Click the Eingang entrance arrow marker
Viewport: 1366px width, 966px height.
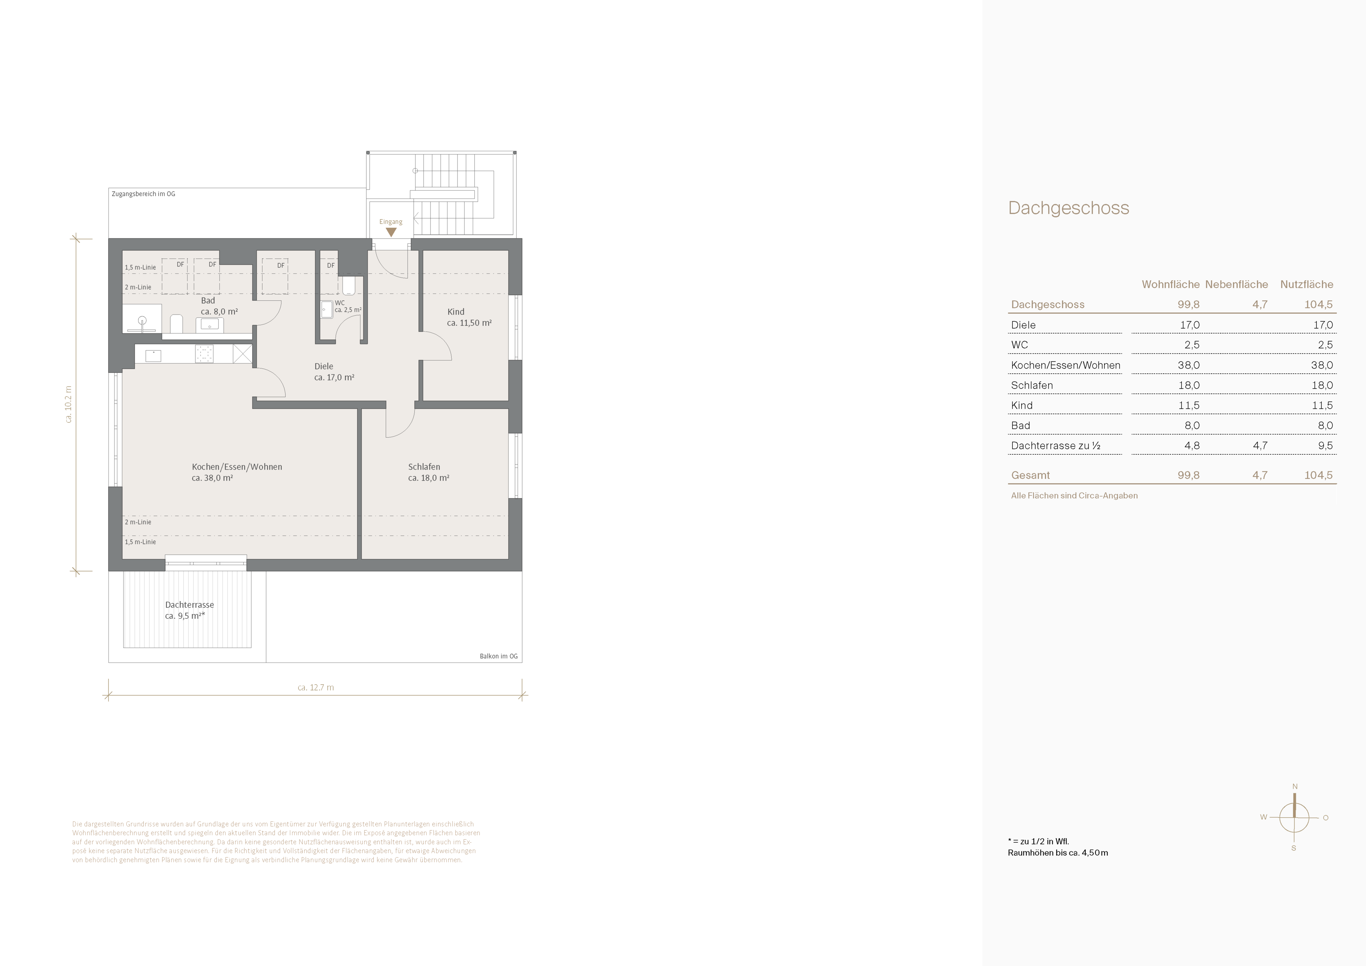[x=391, y=232]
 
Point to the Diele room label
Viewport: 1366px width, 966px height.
[x=324, y=366]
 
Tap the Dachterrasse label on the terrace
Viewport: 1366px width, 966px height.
[x=189, y=605]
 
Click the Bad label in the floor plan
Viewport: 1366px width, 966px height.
[x=208, y=301]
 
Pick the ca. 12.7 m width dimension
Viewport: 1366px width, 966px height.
[x=316, y=687]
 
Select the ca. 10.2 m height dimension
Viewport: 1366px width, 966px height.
[x=68, y=405]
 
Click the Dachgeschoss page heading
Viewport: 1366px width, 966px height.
[x=1069, y=208]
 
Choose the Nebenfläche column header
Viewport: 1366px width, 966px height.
[x=1236, y=285]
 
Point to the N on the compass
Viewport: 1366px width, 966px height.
[x=1294, y=787]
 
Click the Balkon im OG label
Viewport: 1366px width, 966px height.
[x=499, y=656]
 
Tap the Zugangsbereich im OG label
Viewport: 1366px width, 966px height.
[x=143, y=194]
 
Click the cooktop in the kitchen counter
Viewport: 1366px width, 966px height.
[x=204, y=354]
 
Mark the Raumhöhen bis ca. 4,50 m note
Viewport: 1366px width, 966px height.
[x=1058, y=853]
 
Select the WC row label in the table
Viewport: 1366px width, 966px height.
[x=1020, y=345]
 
